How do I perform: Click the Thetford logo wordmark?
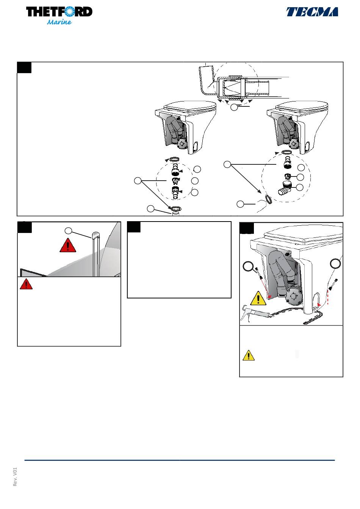tap(59, 12)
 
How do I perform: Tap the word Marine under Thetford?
tap(59, 22)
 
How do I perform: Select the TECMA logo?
tap(312, 12)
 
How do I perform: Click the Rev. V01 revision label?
tap(15, 477)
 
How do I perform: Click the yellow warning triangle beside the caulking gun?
tap(258, 298)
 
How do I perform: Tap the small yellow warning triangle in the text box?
tap(248, 355)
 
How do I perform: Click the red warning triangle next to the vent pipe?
tap(68, 245)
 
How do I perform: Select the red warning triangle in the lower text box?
tap(26, 284)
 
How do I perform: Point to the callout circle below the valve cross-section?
tap(234, 107)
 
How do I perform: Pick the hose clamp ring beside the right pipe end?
tap(268, 199)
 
